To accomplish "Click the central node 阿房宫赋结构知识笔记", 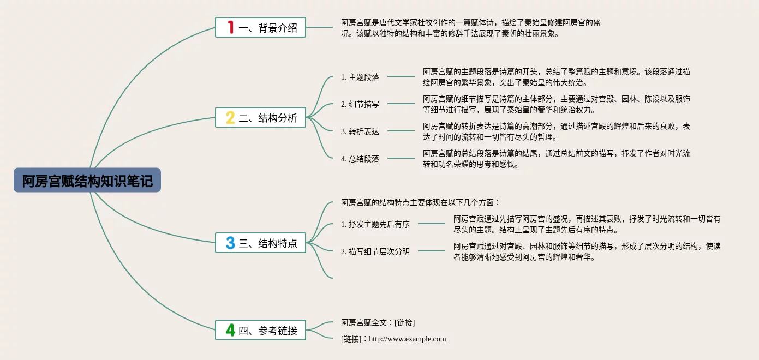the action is coord(87,181).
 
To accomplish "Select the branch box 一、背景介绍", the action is coord(260,27).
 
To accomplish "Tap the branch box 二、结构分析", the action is coord(260,117).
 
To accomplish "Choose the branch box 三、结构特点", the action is coord(260,243).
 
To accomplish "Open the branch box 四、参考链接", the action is coord(260,330).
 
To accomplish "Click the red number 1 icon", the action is coord(230,27).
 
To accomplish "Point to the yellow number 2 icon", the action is coord(230,117).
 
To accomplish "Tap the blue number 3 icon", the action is coord(230,243).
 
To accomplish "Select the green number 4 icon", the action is coord(230,330).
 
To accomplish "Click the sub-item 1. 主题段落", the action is coord(360,77).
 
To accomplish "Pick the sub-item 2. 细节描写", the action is coord(360,104).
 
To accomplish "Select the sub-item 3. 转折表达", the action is coord(360,131).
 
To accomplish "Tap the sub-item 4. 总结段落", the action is coord(360,159).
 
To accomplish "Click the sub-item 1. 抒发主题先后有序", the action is coord(375,224).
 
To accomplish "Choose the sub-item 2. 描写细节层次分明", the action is coord(375,251).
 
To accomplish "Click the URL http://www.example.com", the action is coord(408,339).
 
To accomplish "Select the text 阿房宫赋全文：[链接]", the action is coord(378,322).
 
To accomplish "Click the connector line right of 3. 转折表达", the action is coord(401,131).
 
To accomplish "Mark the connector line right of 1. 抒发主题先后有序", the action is coord(432,224).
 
